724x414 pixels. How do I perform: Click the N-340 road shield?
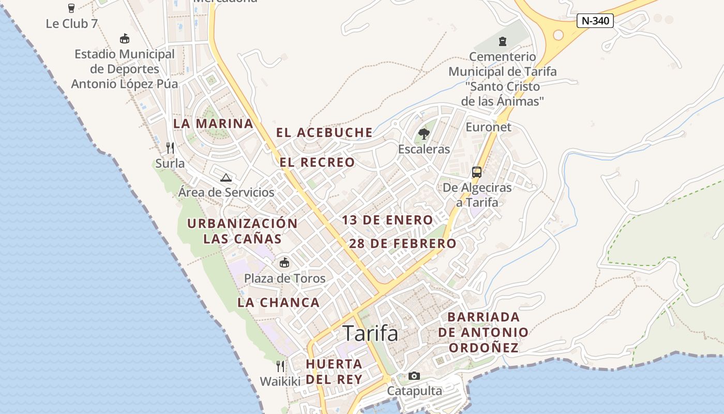[x=595, y=21]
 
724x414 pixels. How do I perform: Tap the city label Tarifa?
[x=370, y=333]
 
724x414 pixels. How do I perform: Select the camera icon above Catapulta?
[x=414, y=376]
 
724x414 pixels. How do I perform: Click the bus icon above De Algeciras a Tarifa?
[x=477, y=172]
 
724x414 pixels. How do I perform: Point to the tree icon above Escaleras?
[x=424, y=134]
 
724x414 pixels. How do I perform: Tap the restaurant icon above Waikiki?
[x=280, y=366]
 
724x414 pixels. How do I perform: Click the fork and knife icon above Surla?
[x=170, y=148]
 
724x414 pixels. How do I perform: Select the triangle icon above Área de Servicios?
[x=225, y=178]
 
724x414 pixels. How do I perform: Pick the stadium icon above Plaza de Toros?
[x=284, y=263]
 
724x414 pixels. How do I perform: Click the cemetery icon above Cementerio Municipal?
[x=502, y=41]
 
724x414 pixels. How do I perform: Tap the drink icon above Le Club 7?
[x=71, y=8]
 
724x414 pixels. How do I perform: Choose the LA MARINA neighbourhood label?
[x=213, y=124]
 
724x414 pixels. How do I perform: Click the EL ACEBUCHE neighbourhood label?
[x=324, y=132]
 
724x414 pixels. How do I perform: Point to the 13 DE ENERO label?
[x=387, y=220]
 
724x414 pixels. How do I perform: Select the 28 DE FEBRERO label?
[x=403, y=243]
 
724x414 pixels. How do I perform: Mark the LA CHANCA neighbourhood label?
[x=279, y=303]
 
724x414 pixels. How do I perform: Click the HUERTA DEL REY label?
[x=334, y=371]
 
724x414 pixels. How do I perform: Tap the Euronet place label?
[x=488, y=127]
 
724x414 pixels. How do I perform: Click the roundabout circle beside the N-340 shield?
[x=558, y=35]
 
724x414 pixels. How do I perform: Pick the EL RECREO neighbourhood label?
[x=318, y=162]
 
